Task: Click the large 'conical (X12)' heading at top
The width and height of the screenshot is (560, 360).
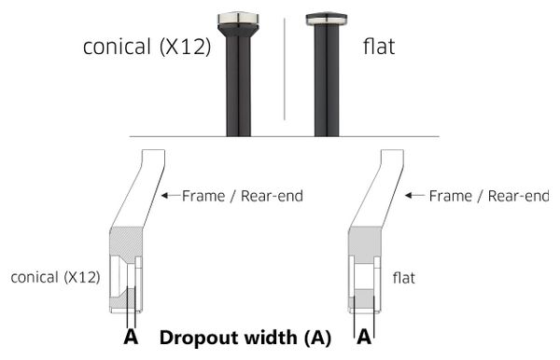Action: click(x=147, y=47)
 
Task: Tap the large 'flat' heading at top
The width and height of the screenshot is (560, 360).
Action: click(x=379, y=47)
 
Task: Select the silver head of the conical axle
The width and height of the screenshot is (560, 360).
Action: click(x=238, y=21)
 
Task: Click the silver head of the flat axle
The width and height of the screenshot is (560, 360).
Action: click(x=326, y=20)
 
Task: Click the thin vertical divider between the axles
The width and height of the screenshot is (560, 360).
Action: click(x=285, y=69)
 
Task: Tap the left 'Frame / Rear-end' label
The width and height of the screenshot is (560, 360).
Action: click(x=243, y=196)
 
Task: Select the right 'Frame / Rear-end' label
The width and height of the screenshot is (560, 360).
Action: click(x=489, y=196)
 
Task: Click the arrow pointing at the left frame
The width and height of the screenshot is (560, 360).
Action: click(x=171, y=195)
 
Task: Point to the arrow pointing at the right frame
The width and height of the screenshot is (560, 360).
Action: click(x=414, y=195)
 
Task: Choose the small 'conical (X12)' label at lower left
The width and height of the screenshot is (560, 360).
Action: click(x=55, y=277)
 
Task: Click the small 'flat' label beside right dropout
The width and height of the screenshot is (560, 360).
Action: click(x=404, y=278)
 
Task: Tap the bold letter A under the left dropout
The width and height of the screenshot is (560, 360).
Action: click(x=131, y=337)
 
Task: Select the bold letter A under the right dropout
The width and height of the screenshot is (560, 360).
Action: click(x=364, y=337)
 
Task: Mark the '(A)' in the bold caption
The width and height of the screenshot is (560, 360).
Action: click(x=317, y=338)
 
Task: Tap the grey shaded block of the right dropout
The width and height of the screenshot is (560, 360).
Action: click(x=365, y=242)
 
